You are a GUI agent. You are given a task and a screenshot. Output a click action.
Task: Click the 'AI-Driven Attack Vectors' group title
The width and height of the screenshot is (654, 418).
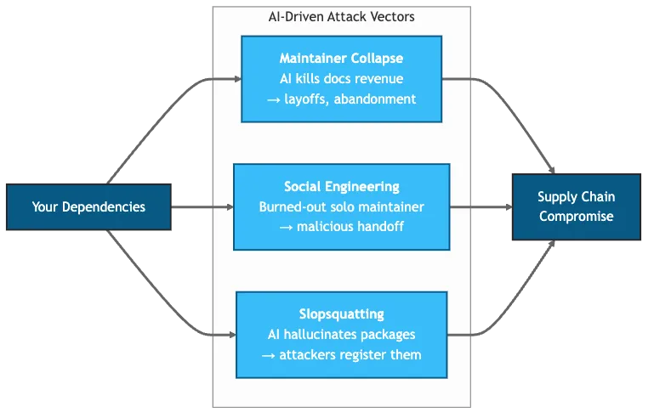(341, 16)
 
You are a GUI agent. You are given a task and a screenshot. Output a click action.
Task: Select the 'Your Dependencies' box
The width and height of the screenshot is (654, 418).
(88, 206)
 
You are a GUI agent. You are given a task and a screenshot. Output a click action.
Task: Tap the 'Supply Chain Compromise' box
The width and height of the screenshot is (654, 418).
(576, 206)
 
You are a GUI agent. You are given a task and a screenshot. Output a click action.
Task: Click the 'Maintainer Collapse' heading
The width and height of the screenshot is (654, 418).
(341, 59)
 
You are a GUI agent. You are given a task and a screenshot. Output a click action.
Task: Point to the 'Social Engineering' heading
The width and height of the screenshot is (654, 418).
(341, 187)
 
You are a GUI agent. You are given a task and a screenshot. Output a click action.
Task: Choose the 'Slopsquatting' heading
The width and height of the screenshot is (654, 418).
(341, 314)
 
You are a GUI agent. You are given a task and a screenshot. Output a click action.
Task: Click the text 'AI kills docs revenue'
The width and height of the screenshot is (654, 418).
(341, 78)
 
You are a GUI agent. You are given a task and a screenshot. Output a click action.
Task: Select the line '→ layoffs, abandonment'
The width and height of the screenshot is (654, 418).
(341, 99)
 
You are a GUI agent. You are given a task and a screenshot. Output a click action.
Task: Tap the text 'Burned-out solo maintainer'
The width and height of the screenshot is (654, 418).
(341, 206)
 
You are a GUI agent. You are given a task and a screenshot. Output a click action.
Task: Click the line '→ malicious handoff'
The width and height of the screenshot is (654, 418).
(341, 227)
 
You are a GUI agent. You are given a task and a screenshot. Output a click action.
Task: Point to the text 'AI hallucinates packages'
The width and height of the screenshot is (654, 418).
(341, 335)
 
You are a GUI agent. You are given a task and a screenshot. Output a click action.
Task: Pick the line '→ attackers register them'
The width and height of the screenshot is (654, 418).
(341, 355)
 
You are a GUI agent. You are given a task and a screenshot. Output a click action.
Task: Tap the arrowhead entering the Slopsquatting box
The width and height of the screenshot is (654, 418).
(231, 336)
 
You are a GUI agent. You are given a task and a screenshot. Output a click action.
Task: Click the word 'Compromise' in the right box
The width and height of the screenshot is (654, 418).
(576, 217)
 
